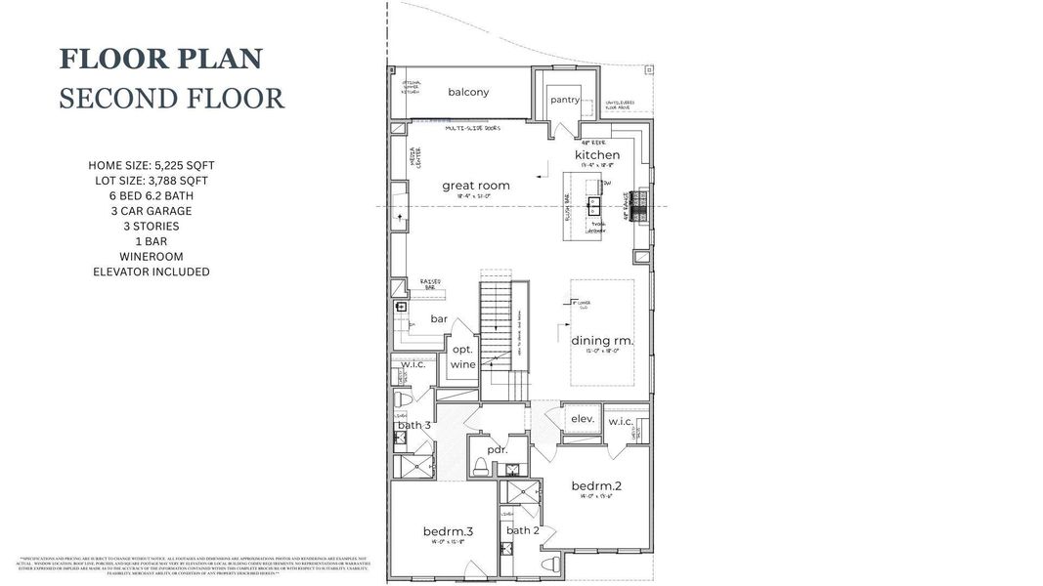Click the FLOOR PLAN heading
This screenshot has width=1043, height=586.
point(161,59)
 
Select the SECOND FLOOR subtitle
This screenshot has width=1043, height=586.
point(171,99)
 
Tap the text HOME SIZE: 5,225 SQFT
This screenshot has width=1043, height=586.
point(151,165)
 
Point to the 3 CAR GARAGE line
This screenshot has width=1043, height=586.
point(151,211)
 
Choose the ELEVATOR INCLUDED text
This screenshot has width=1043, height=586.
point(151,272)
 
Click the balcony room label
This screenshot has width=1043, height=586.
point(468,93)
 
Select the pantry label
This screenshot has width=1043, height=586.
point(564,100)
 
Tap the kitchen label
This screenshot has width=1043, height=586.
point(596,155)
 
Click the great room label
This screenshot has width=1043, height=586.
point(475,186)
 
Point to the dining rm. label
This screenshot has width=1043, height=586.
point(602,341)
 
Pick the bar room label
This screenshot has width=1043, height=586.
point(439,319)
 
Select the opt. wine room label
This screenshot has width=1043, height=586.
point(462,356)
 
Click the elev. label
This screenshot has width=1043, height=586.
point(583,419)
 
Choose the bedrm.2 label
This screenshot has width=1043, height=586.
point(595,485)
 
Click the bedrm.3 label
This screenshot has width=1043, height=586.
point(448,531)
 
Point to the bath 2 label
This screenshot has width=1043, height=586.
point(523,530)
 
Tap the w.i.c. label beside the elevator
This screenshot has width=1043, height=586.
point(622,421)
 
